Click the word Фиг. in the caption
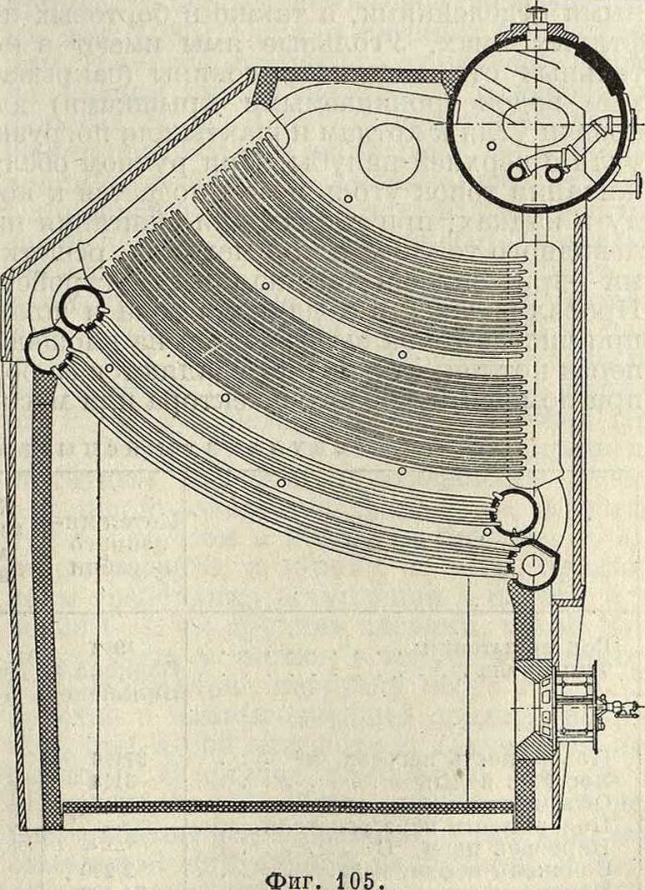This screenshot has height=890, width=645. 296,875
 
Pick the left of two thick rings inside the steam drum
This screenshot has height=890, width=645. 519,170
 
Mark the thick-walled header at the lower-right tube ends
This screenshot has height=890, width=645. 516,512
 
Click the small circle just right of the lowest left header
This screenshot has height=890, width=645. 108,367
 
